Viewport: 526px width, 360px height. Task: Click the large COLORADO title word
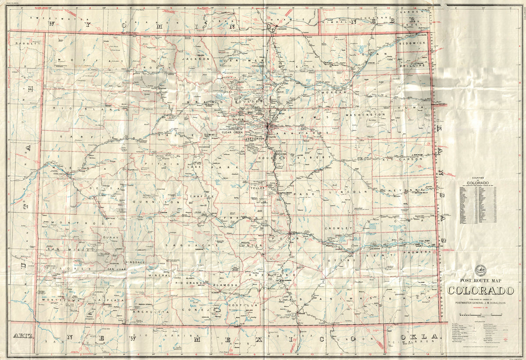(x=480, y=291)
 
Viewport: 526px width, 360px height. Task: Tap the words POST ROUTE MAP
(x=480, y=280)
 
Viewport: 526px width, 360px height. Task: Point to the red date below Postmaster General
(x=480, y=308)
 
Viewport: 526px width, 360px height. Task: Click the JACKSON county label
(x=196, y=58)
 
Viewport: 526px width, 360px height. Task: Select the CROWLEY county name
(x=338, y=228)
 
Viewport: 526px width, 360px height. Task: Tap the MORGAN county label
(x=334, y=93)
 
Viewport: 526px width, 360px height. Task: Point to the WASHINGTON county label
(x=365, y=115)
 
